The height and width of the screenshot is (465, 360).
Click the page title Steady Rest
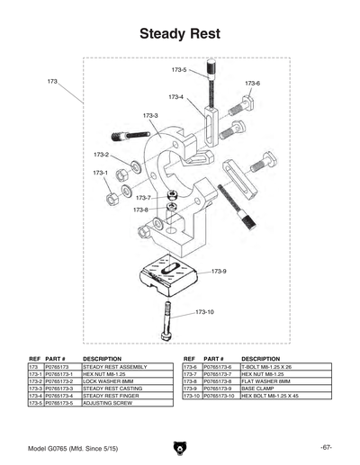click(x=179, y=34)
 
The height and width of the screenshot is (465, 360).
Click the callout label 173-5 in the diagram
click(x=179, y=69)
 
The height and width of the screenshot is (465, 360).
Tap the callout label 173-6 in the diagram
click(x=252, y=84)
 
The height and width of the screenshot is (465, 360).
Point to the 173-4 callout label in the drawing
click(x=175, y=97)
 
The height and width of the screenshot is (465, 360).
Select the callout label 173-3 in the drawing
click(x=150, y=115)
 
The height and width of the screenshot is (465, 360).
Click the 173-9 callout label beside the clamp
click(x=219, y=271)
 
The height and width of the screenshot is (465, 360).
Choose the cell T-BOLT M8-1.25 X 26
click(x=269, y=367)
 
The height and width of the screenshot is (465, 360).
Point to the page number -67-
click(x=326, y=447)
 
